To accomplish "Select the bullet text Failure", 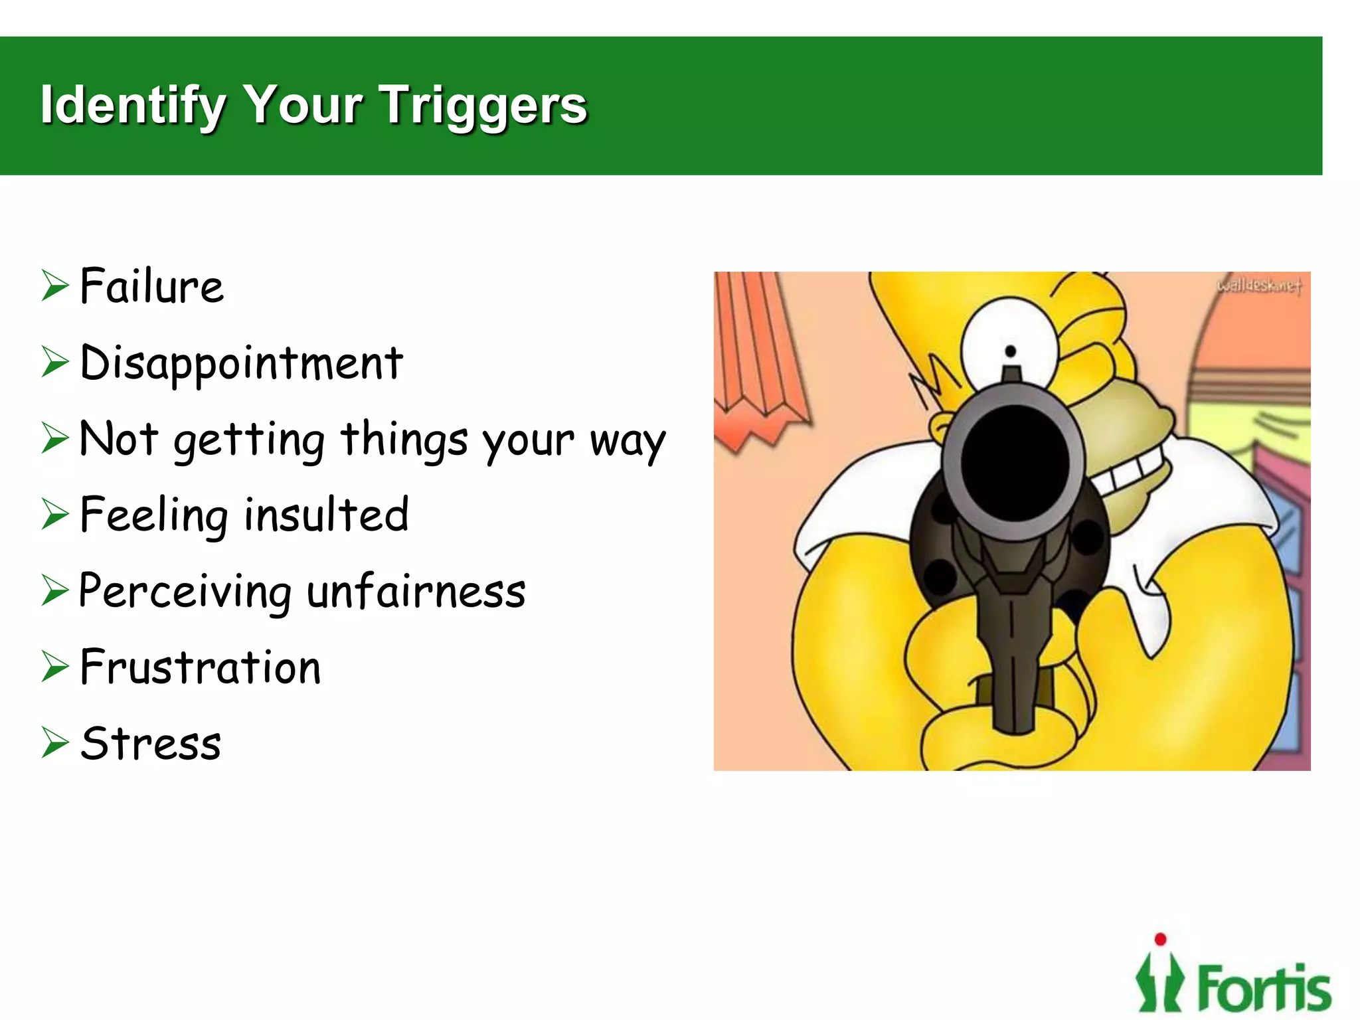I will tap(152, 286).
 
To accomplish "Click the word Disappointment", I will tap(241, 363).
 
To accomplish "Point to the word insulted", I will tap(326, 515).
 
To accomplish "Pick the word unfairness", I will tap(416, 591).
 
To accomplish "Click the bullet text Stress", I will tap(151, 743).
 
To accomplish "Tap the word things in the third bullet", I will tap(404, 440).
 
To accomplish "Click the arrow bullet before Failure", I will tap(54, 286).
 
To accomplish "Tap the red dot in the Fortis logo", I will tap(1160, 939).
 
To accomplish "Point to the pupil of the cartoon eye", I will tap(1011, 351).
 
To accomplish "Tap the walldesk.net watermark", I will tap(1258, 286).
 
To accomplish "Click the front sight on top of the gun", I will tap(1011, 373).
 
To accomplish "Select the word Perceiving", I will tap(185, 591).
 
